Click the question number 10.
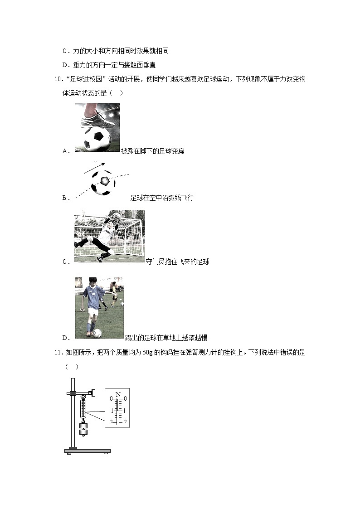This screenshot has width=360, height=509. pyautogui.click(x=58, y=80)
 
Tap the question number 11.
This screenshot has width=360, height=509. pyautogui.click(x=58, y=352)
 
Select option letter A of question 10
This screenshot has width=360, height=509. pyautogui.click(x=65, y=151)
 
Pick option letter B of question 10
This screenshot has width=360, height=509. pyautogui.click(x=65, y=198)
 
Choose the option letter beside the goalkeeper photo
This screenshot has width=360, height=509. pyautogui.click(x=65, y=262)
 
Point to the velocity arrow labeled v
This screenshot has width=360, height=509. pyautogui.click(x=95, y=166)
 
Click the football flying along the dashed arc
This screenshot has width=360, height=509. pyautogui.click(x=103, y=183)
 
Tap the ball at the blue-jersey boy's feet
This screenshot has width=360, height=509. pyautogui.click(x=97, y=333)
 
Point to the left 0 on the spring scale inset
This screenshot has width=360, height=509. pyautogui.click(x=111, y=398)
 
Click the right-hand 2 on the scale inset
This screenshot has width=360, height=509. pyautogui.click(x=125, y=422)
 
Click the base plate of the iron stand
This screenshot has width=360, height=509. pyautogui.click(x=88, y=451)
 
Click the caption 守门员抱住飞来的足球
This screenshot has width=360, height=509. pyautogui.click(x=178, y=262)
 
